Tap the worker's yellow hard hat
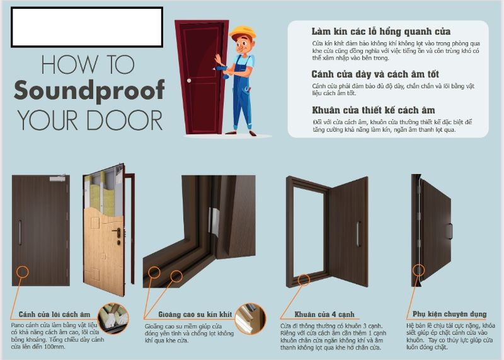(x=243, y=33)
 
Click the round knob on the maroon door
(x=189, y=81)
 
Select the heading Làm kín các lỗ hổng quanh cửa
(x=381, y=32)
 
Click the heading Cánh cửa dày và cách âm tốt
(x=375, y=74)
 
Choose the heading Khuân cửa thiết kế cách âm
(x=373, y=110)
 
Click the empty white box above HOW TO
(x=87, y=27)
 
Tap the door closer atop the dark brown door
(x=58, y=178)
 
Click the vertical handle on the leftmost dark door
(x=20, y=233)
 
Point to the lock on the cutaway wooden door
(x=118, y=234)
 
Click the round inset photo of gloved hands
(x=113, y=318)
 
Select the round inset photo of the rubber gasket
(x=250, y=318)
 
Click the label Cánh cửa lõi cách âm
(x=54, y=315)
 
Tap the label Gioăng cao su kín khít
(x=195, y=315)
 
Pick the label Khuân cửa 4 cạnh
(x=324, y=315)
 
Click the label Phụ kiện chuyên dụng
(x=449, y=314)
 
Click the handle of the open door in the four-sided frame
(x=358, y=234)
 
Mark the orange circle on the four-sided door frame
(x=304, y=280)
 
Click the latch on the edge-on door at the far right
(x=449, y=231)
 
